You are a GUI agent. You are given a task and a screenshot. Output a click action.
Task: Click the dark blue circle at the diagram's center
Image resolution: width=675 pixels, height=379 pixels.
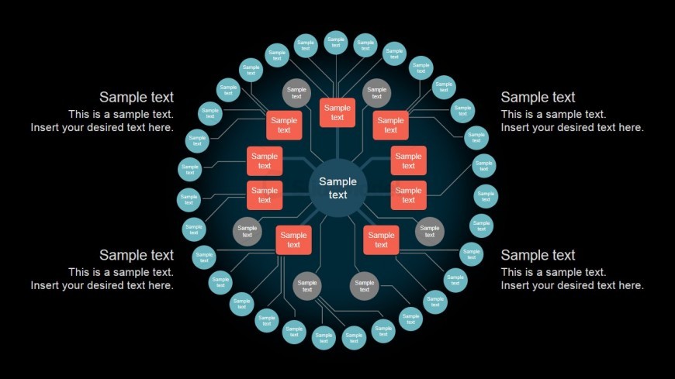pyautogui.click(x=337, y=188)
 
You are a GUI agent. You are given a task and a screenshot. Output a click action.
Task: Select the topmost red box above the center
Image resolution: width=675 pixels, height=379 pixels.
pyautogui.click(x=337, y=112)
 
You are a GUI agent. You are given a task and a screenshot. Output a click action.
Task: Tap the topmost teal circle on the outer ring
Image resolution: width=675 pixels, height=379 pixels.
pyautogui.click(x=336, y=42)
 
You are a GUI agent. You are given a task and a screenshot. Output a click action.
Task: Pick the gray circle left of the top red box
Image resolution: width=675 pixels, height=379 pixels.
pyautogui.click(x=296, y=93)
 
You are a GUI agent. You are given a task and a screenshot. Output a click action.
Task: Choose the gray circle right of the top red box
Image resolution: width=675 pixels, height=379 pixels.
pyautogui.click(x=377, y=93)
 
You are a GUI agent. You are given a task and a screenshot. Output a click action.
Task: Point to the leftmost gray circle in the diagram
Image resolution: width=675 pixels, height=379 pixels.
pyautogui.click(x=247, y=232)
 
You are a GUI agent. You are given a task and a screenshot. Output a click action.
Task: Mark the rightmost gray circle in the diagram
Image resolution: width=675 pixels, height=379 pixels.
pyautogui.click(x=430, y=232)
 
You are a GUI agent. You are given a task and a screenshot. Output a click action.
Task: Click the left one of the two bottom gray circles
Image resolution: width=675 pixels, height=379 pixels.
pyautogui.click(x=307, y=286)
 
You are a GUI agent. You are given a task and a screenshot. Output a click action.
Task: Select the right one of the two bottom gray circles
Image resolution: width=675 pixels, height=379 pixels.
pyautogui.click(x=365, y=286)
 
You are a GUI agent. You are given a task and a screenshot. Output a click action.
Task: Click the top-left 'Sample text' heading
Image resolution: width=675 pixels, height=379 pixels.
pyautogui.click(x=137, y=98)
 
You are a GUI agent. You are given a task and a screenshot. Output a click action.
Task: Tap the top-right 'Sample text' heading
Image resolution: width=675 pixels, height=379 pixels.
pyautogui.click(x=538, y=98)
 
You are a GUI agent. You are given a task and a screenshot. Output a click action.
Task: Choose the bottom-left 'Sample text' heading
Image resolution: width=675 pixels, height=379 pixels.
pyautogui.click(x=137, y=256)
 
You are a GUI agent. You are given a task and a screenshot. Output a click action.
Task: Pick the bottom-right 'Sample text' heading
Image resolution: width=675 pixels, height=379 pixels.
pyautogui.click(x=538, y=256)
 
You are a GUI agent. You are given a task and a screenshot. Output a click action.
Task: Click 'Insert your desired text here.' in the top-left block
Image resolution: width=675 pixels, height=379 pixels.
pyautogui.click(x=102, y=127)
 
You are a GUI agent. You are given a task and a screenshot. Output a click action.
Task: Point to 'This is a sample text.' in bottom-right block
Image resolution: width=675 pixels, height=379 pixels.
pyautogui.click(x=553, y=272)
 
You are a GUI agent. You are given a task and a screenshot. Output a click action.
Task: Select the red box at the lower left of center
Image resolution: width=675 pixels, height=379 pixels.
pyautogui.click(x=293, y=240)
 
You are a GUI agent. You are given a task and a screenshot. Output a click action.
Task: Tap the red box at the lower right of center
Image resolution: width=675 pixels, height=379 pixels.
pyautogui.click(x=381, y=240)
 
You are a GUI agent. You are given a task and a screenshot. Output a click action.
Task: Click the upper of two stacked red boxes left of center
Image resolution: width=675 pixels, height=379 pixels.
pyautogui.click(x=265, y=161)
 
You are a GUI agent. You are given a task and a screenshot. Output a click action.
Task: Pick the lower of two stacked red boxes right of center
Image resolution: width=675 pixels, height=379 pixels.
pyautogui.click(x=408, y=195)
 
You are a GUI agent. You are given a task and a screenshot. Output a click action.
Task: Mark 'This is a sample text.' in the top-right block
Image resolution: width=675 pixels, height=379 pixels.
pyautogui.click(x=553, y=114)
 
